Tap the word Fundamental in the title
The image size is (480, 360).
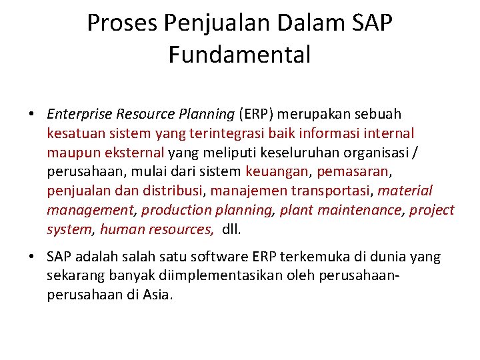tap(239, 55)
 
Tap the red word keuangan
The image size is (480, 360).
tap(277, 172)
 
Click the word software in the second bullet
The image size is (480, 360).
tap(219, 257)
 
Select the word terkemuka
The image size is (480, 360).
tap(311, 257)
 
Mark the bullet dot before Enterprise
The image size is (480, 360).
tap(32, 115)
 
